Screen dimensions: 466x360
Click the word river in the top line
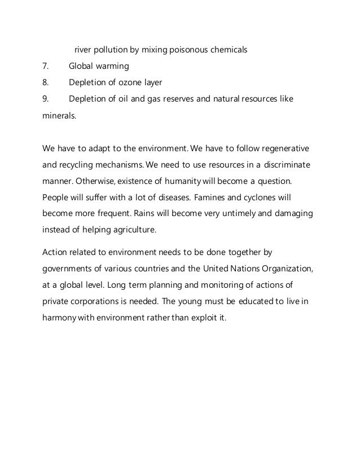84,50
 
